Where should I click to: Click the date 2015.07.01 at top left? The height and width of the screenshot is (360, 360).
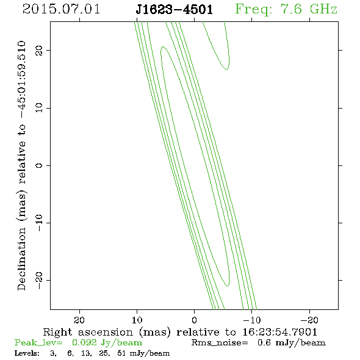point(61,9)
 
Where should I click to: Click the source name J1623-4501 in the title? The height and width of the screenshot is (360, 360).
point(175,10)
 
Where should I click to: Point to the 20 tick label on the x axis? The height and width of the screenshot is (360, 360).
point(79,320)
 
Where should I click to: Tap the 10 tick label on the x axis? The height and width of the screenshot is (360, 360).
point(137,320)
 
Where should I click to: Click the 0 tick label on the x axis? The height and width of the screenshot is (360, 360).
point(194,320)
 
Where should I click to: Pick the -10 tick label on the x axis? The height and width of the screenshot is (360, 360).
point(252,320)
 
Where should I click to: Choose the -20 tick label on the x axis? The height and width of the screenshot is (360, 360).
point(309,320)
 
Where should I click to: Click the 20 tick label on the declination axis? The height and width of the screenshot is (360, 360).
point(39,50)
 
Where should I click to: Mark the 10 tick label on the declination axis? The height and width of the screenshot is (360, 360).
point(39,107)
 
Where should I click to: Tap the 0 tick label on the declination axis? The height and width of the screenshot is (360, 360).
point(39,165)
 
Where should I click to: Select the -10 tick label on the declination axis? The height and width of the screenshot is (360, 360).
point(39,223)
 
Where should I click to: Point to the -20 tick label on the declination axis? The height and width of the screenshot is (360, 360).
point(39,280)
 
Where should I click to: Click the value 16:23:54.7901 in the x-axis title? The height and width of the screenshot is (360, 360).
point(279,332)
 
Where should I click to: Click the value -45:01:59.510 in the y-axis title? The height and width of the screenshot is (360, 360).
point(21,80)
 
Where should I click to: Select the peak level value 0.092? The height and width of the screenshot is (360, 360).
point(84,342)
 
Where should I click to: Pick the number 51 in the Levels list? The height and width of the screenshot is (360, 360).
point(121,353)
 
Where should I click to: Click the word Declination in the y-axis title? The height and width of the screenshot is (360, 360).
point(21,259)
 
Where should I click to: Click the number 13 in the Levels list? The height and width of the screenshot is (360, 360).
point(86,353)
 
